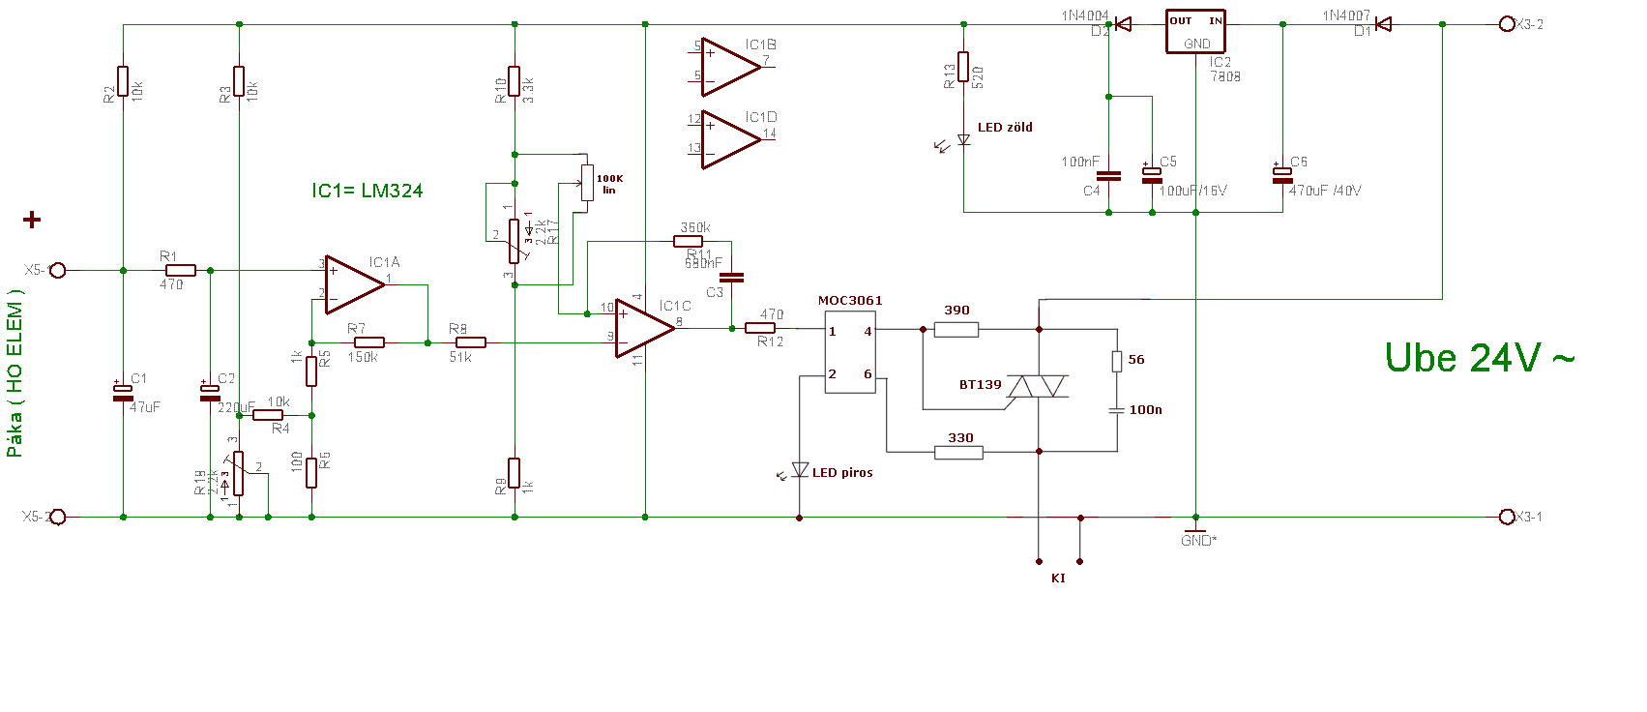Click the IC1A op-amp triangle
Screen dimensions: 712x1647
(x=353, y=284)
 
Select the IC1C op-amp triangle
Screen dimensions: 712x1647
(x=643, y=328)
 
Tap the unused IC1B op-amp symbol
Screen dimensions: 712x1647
(x=729, y=67)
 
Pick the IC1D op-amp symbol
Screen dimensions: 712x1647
(x=729, y=139)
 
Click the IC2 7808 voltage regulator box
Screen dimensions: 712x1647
(x=1195, y=32)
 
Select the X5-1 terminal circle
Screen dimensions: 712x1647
(x=58, y=270)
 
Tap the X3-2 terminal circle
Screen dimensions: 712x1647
(x=1507, y=24)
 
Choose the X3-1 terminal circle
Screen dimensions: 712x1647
(x=1507, y=517)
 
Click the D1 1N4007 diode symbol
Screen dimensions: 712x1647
(x=1383, y=24)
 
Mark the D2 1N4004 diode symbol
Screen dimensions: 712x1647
(x=1123, y=24)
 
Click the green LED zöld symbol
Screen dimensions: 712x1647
(x=963, y=140)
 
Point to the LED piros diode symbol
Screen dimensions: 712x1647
(x=800, y=470)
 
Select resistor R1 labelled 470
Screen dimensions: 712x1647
(x=180, y=270)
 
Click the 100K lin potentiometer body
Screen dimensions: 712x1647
(x=587, y=182)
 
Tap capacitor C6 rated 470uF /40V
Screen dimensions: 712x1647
(x=1282, y=175)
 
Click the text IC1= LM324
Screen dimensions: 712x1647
(x=368, y=191)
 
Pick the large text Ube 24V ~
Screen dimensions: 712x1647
(x=1480, y=358)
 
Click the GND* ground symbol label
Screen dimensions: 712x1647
(x=1198, y=541)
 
